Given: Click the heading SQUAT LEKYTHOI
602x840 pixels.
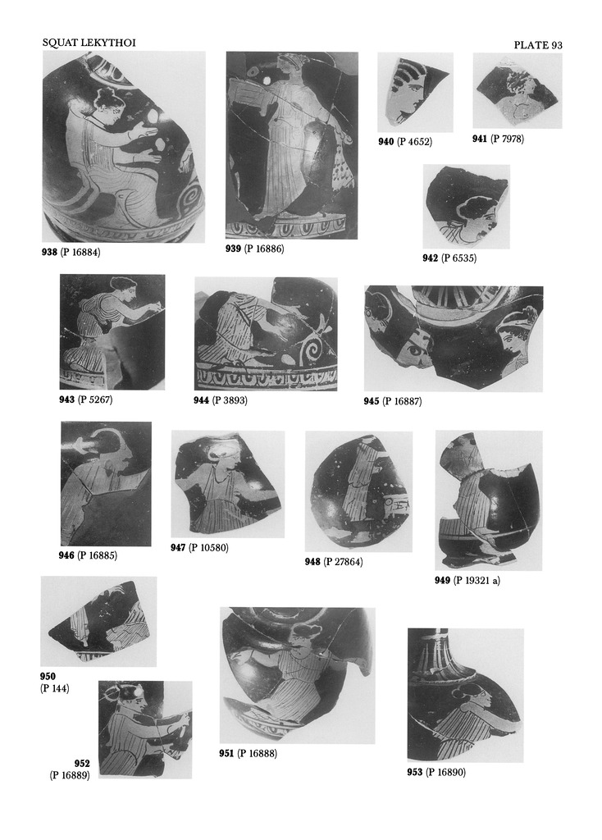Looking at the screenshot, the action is (x=89, y=43).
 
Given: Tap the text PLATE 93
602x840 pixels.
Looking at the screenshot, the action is (x=538, y=45).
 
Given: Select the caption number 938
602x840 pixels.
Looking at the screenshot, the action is (x=49, y=252).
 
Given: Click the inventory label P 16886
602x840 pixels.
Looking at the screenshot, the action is (x=264, y=249).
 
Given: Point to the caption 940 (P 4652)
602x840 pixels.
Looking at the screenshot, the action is (x=405, y=141).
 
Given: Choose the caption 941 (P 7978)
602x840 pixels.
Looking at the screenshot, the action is (x=498, y=139).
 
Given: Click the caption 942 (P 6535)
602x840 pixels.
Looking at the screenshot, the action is (x=449, y=258).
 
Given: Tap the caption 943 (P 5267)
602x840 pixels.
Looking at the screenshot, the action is (x=85, y=399).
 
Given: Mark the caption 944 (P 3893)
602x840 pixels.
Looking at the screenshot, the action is (x=221, y=399).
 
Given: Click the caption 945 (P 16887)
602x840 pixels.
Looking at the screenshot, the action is (x=393, y=400).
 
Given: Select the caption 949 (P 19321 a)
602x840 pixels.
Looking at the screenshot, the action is (x=467, y=580).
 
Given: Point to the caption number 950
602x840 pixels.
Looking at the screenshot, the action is (x=48, y=676).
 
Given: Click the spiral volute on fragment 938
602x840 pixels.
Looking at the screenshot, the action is (x=190, y=201).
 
